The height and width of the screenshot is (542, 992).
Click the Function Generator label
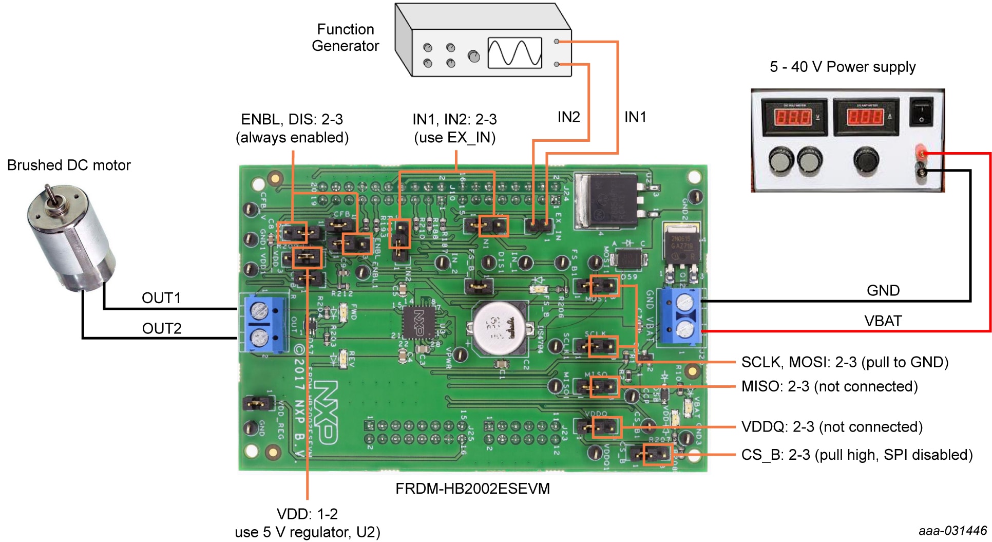[x=345, y=38]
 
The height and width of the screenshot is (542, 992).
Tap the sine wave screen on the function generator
[x=514, y=53]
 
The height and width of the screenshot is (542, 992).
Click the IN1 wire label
[x=635, y=117]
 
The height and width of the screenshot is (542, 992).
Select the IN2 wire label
[x=568, y=117]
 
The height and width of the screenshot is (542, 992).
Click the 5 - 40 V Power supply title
[x=843, y=67]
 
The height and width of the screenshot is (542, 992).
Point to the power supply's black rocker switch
[x=921, y=113]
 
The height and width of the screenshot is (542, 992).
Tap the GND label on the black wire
[x=883, y=290]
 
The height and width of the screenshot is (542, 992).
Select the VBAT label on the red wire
[x=883, y=321]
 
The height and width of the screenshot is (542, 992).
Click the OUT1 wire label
[x=161, y=298]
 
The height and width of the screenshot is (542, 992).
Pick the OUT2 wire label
[x=162, y=328]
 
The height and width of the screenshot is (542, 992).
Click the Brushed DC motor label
[x=69, y=165]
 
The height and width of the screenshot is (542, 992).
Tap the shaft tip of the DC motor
[x=47, y=189]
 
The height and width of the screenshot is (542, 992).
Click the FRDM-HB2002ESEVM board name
[x=472, y=488]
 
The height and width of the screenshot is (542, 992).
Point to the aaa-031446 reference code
[x=953, y=531]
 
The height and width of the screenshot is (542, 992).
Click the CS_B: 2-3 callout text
[x=857, y=455]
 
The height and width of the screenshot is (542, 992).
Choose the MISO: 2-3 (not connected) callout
[x=829, y=386]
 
